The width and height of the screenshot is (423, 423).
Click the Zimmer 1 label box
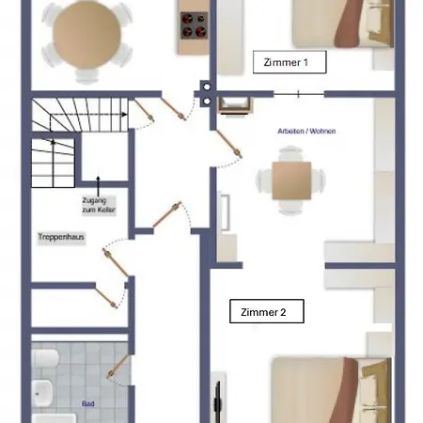pos(290,62)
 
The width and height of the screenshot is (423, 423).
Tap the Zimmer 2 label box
pos(267,311)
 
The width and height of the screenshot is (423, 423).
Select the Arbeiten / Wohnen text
pos(306,131)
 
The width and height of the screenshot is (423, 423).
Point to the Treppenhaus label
pos(61,237)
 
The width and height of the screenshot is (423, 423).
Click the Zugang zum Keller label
pos(99,205)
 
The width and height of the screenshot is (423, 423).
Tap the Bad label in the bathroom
pos(88,403)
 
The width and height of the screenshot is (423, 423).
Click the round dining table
pos(86,34)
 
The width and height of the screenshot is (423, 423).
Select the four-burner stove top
pos(194,25)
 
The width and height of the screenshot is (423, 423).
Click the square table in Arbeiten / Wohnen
pos(291,180)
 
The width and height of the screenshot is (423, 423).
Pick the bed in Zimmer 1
pos(342,23)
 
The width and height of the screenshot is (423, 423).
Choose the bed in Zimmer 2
pos(331,390)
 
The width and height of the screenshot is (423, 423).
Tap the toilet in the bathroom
pos(45,358)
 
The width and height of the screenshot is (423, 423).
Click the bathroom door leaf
pos(118,367)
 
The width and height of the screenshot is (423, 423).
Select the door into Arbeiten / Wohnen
pos(228,144)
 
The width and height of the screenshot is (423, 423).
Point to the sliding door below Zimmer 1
pos(299,94)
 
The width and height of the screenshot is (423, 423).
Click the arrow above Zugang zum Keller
pos(98,186)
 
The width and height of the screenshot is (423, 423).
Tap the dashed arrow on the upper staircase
pos(88,115)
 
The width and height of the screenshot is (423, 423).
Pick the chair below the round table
pos(86,75)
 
